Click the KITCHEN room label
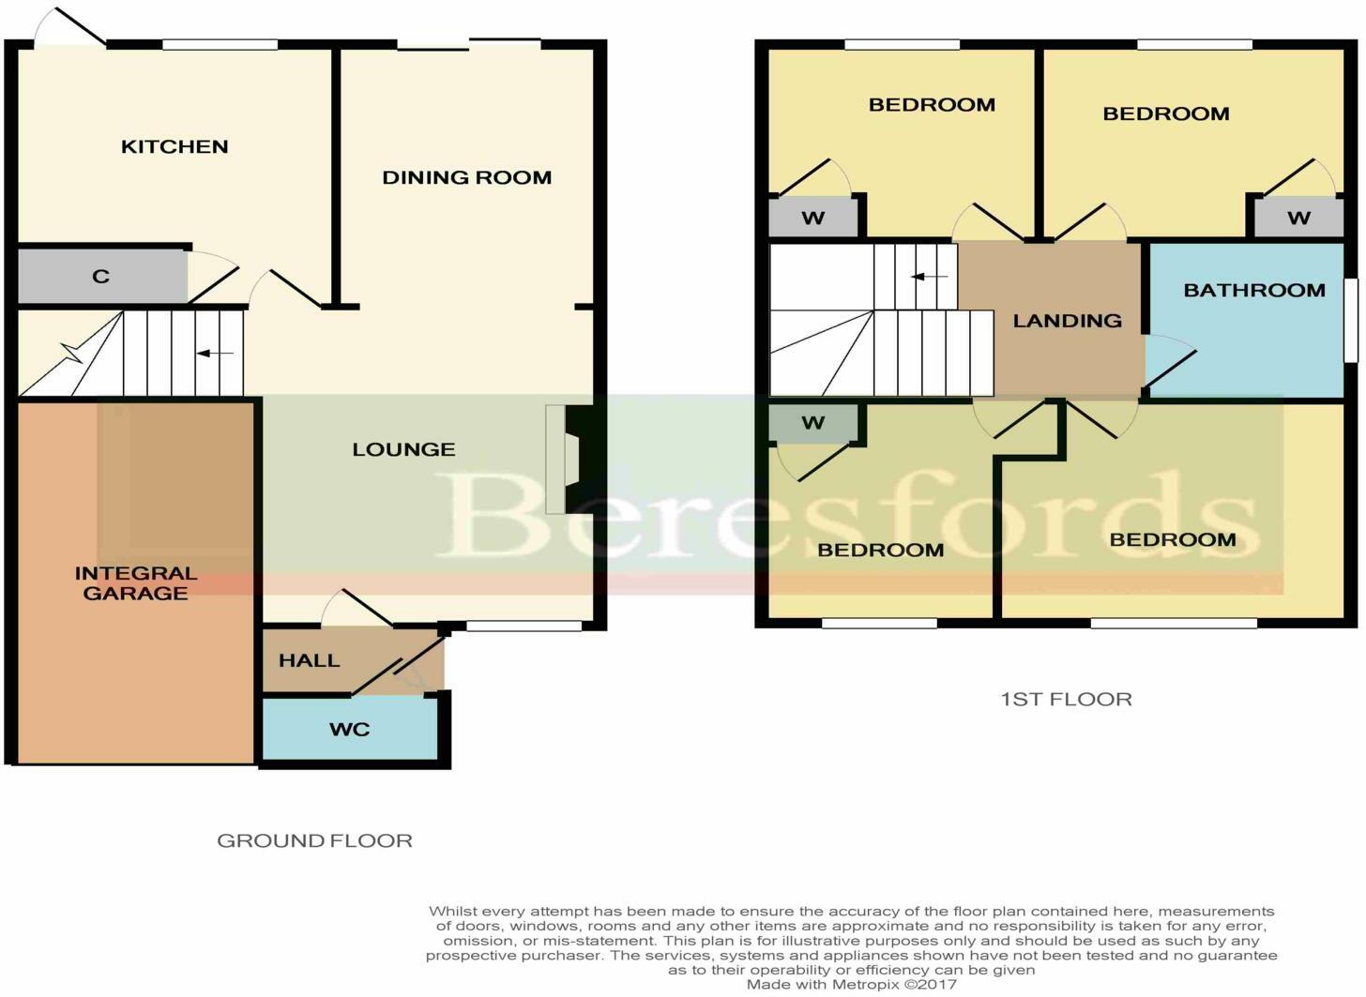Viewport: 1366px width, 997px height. point(175,146)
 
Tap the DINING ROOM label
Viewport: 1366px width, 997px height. point(466,177)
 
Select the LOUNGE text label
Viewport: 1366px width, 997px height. point(403,449)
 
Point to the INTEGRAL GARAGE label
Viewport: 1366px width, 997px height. point(136,582)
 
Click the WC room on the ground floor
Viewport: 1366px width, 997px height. point(349,729)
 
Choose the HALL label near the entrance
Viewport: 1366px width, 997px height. point(309,660)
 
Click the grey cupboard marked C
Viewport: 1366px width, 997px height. point(101,277)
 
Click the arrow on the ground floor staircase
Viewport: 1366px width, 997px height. point(215,354)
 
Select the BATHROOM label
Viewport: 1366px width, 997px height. point(1253,290)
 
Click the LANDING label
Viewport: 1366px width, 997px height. point(1067,321)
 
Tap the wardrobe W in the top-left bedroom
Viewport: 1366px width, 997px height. point(813,219)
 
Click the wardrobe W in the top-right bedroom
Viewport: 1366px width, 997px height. point(1298,219)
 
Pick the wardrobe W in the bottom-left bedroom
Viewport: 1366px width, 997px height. point(813,423)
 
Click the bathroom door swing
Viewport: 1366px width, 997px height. point(1168,361)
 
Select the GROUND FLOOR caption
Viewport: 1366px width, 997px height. point(314,840)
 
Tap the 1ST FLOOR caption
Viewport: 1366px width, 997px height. point(1066,699)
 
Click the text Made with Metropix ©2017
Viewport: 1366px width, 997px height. point(851,984)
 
